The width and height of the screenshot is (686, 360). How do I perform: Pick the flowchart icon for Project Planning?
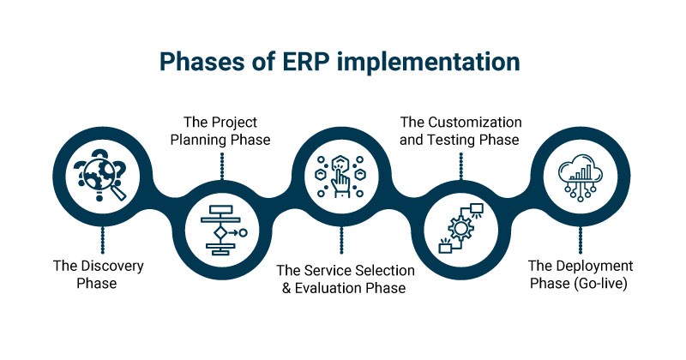pos(222,230)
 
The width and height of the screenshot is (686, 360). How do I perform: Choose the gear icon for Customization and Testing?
pos(461,229)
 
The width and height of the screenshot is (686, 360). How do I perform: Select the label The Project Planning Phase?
pos(221,131)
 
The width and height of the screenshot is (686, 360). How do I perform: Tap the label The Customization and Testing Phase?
pos(460,131)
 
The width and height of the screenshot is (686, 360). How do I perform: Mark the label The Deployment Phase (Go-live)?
pos(581,274)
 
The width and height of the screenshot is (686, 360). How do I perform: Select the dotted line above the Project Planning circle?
pos(222,166)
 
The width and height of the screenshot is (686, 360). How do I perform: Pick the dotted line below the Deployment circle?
pos(581,241)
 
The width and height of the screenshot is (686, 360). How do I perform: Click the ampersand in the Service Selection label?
pos(287,288)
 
